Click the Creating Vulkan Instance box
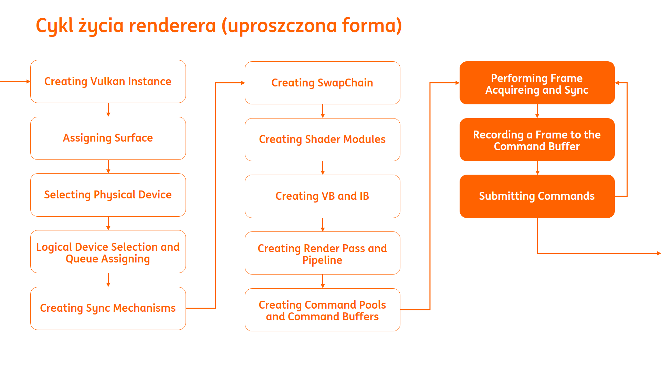click(108, 81)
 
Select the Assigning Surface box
click(108, 138)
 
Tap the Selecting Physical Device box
click(108, 195)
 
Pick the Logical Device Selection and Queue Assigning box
click(108, 252)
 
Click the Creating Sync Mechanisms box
click(108, 308)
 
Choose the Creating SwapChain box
click(323, 83)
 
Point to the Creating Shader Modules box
click(323, 139)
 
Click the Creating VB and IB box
click(323, 196)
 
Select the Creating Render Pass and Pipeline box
click(323, 253)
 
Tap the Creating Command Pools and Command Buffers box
click(323, 310)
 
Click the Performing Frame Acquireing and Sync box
click(537, 83)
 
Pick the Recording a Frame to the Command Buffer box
click(537, 139)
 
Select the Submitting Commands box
click(537, 196)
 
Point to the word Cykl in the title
click(55, 26)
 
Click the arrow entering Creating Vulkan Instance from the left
click(15, 81)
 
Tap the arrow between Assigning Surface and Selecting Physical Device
click(108, 167)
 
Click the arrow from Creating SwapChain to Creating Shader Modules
click(323, 111)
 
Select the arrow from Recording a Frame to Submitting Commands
click(537, 168)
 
